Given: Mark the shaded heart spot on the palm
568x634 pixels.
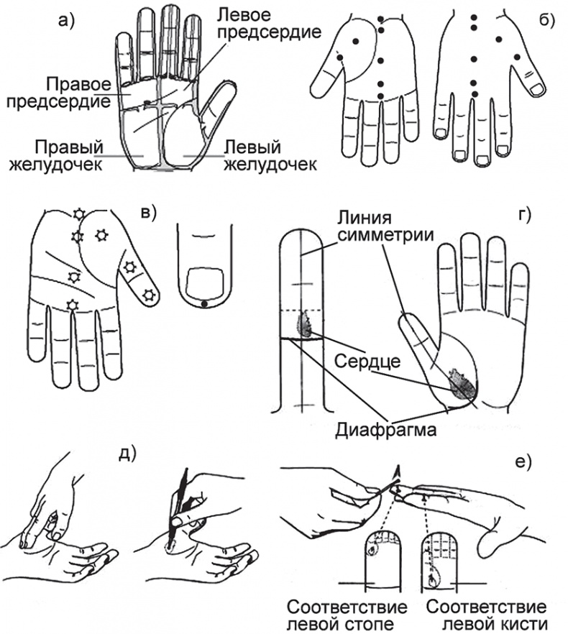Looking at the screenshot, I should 461,383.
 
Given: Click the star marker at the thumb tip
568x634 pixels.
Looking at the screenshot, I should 148,293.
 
